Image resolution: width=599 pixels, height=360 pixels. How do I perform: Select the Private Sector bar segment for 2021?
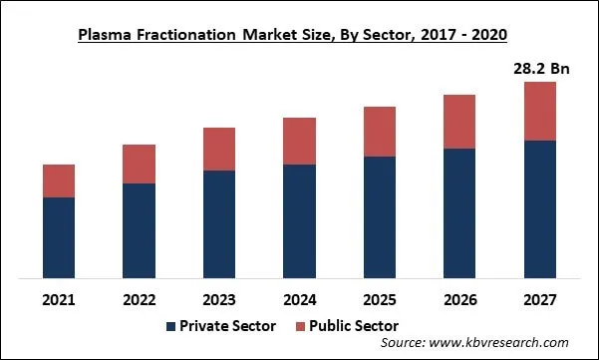[59, 237]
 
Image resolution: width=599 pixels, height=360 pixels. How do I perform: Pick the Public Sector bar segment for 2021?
[59, 180]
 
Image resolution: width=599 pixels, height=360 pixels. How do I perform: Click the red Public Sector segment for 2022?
[139, 164]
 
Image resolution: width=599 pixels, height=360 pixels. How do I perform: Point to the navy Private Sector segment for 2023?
[219, 224]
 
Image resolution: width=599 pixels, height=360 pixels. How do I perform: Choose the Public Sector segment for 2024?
[299, 141]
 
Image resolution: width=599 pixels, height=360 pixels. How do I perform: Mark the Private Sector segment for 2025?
[379, 217]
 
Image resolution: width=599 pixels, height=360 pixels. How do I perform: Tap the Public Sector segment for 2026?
[459, 122]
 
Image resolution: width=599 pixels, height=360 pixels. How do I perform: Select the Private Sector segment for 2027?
[539, 209]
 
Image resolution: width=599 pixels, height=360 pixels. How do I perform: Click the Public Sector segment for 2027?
[539, 111]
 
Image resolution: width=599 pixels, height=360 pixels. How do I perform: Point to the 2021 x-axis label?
[59, 299]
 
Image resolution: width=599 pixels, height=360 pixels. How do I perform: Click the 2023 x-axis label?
[219, 299]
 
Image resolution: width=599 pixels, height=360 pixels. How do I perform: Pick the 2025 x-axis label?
[379, 299]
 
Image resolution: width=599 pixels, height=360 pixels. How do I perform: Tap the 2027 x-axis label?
[539, 299]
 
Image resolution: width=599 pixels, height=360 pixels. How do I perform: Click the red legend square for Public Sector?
[301, 326]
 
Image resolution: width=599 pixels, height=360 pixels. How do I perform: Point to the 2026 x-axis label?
[459, 299]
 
